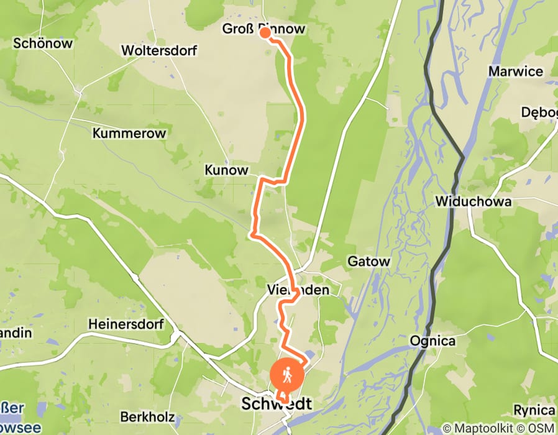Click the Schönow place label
[43, 43]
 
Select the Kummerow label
[129, 133]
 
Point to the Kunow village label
[226, 170]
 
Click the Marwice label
[515, 71]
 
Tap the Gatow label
[369, 262]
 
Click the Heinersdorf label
[126, 324]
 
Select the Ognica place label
[432, 341]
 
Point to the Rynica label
[534, 410]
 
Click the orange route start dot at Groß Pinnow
[265, 33]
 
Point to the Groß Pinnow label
[264, 29]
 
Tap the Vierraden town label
[296, 290]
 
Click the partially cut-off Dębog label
[539, 112]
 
